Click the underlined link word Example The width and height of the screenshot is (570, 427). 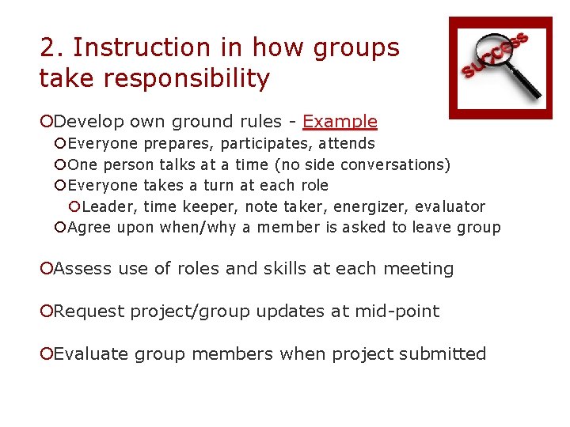pos(340,122)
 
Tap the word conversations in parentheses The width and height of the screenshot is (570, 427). pos(397,164)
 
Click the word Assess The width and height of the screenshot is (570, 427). pos(83,269)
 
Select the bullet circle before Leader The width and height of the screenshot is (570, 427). pos(74,207)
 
